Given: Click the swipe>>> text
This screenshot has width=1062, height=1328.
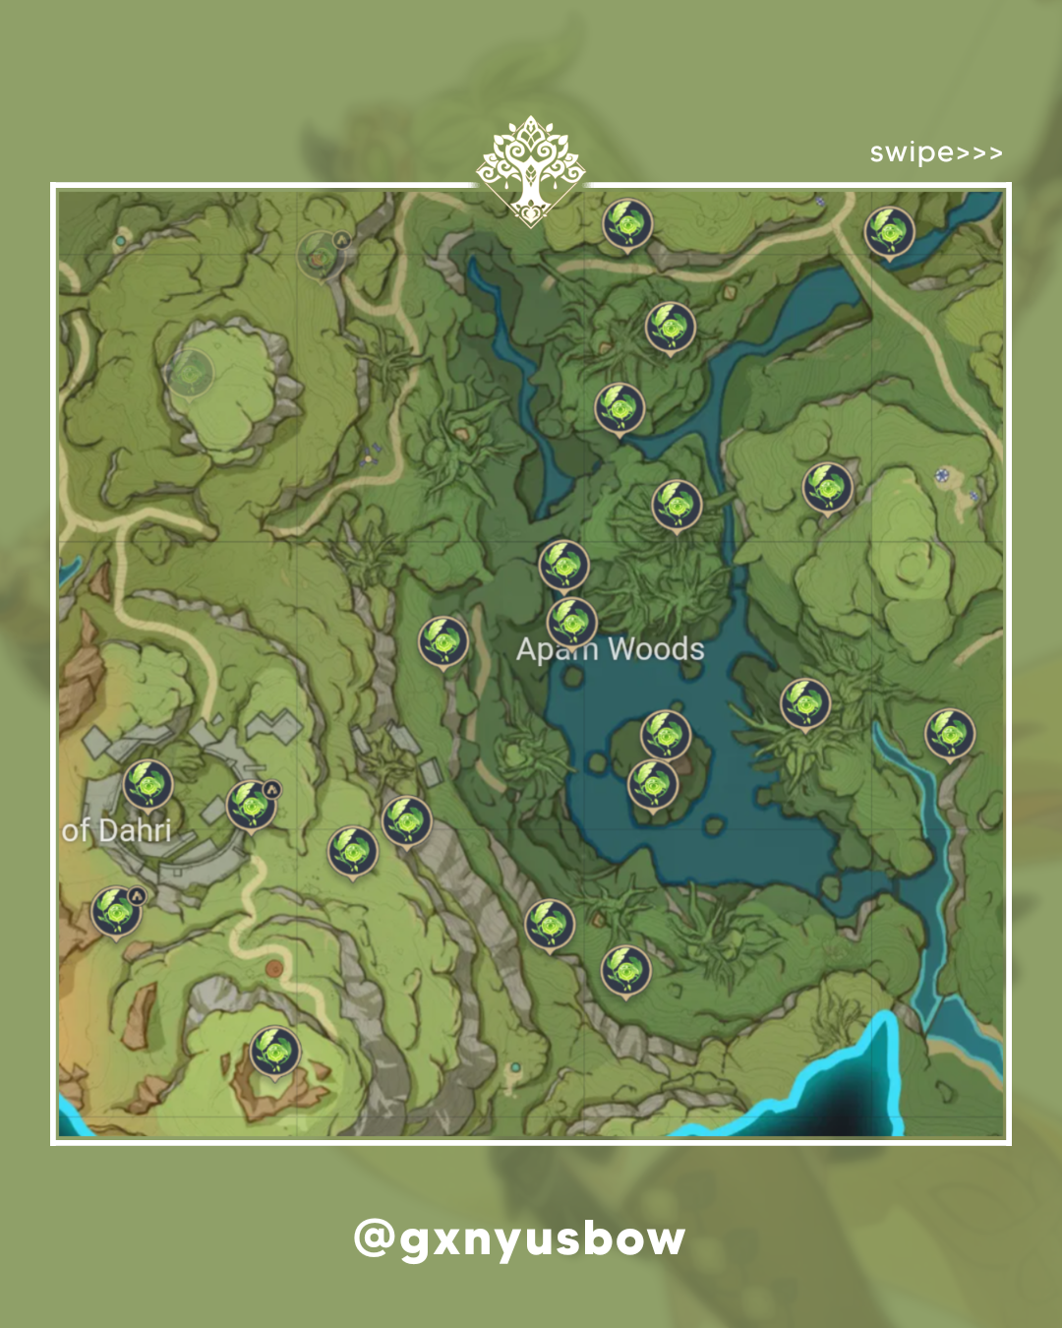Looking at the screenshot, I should pos(935,153).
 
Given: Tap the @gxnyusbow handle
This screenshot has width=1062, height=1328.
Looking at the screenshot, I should pos(519,1239).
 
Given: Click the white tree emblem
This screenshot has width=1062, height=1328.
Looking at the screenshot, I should pos(531,170).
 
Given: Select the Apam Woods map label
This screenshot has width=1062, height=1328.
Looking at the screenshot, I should pos(610,649).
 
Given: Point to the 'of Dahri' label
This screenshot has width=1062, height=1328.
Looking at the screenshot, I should pos(116,830).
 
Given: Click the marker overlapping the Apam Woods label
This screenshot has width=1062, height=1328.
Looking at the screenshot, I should pos(571,621).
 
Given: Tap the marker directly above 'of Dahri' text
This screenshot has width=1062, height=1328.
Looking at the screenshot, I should pos(148,785).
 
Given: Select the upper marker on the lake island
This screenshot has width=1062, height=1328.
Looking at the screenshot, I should pos(666,734).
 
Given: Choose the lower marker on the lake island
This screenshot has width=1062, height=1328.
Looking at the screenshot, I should pos(653,783).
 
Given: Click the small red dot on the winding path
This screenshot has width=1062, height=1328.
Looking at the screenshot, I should pos(274,969).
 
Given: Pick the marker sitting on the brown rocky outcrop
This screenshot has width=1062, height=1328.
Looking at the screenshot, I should pos(274,1052).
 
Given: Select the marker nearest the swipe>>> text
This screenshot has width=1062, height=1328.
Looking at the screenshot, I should pos(889,232).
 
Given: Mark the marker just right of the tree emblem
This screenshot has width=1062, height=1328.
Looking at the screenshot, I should pos(627,224).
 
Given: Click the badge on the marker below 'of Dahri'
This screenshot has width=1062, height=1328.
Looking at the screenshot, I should pos(138,895).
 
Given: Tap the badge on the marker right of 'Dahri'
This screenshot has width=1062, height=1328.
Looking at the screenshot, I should pos(272,789).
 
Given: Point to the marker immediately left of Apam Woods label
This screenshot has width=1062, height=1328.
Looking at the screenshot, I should pos(443,641).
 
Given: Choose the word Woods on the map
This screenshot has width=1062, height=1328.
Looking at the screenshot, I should pos(656,649).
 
